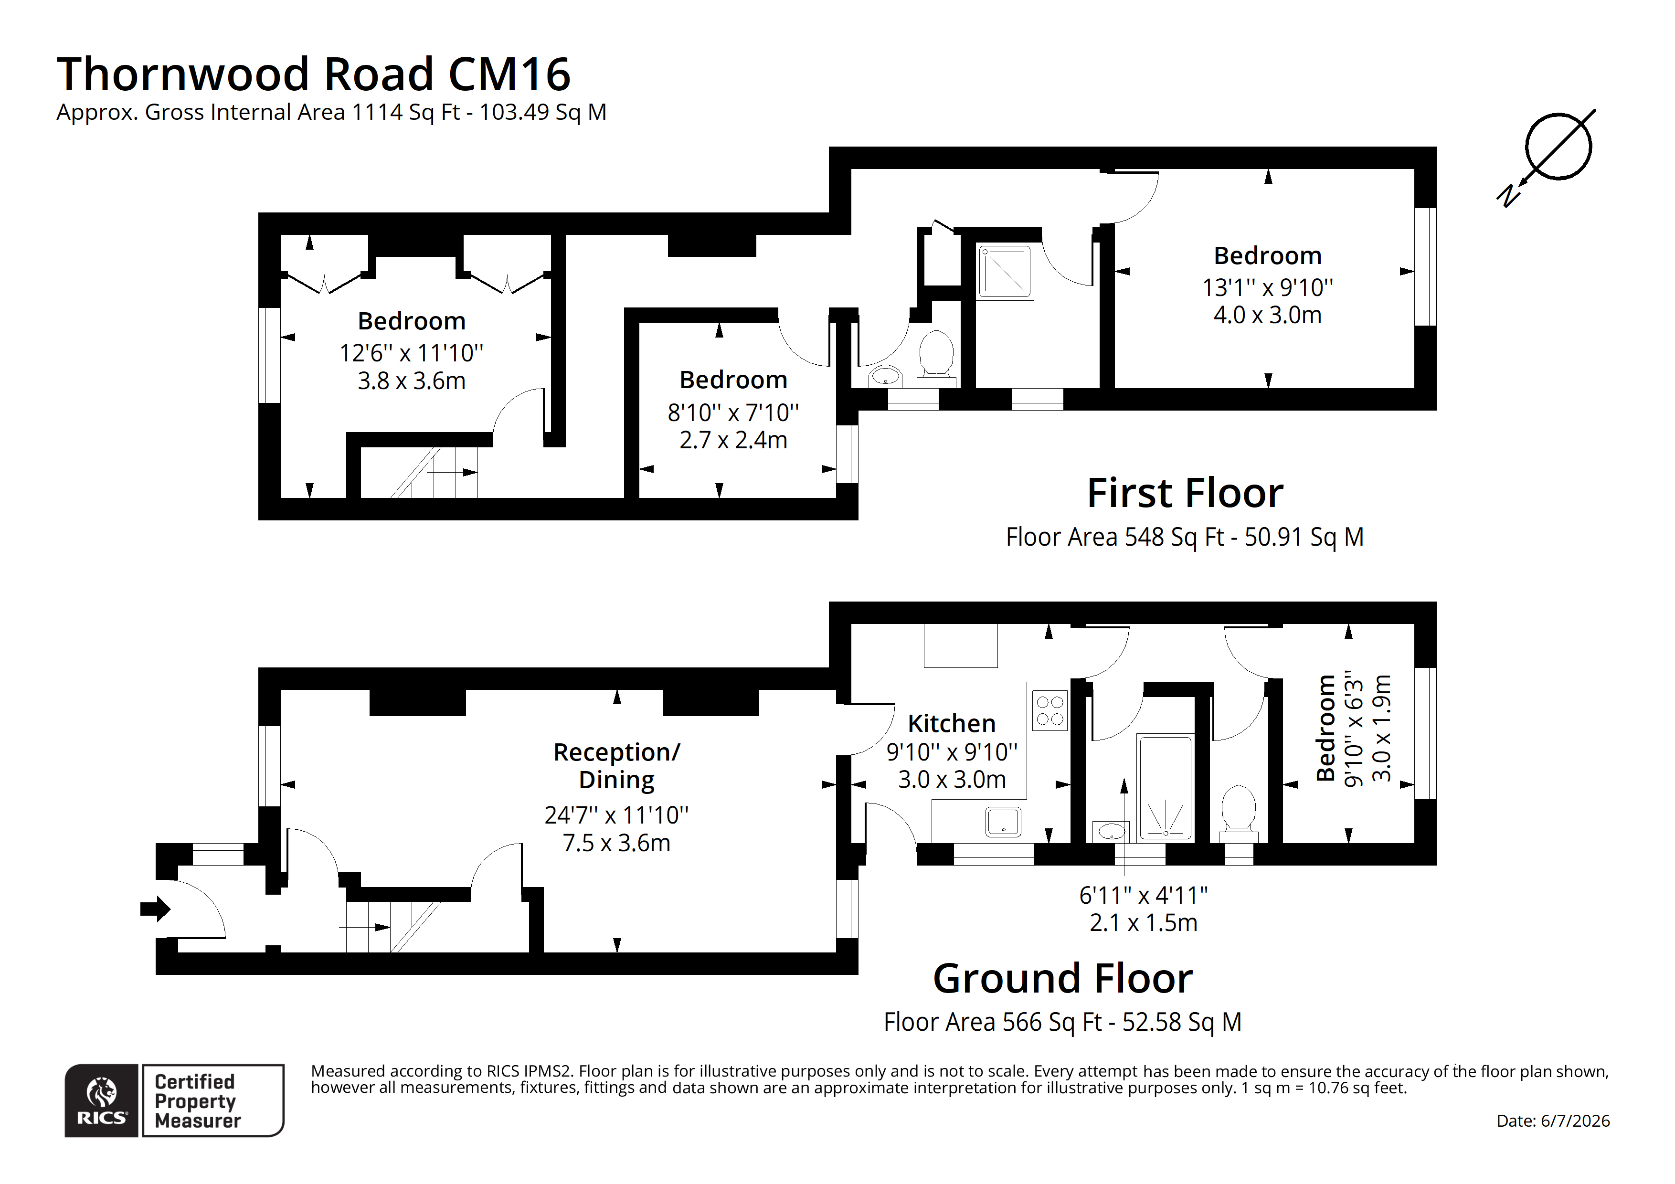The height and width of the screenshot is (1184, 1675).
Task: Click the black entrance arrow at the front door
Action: (155, 909)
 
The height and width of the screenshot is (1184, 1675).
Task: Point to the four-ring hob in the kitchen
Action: (1049, 710)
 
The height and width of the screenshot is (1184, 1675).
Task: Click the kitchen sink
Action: (1003, 822)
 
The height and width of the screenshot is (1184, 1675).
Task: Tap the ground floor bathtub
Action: (1165, 787)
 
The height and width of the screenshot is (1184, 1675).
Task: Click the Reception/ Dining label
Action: (616, 765)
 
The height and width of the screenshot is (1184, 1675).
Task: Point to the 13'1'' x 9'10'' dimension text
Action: (1267, 287)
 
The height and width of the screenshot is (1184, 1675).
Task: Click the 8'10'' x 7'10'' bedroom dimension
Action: (733, 413)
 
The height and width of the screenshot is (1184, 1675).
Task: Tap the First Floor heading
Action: (1185, 493)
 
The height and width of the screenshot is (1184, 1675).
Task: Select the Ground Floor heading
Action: (1063, 978)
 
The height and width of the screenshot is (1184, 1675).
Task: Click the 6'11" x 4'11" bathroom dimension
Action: (1143, 895)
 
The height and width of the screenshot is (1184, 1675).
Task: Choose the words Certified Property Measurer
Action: (197, 1101)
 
